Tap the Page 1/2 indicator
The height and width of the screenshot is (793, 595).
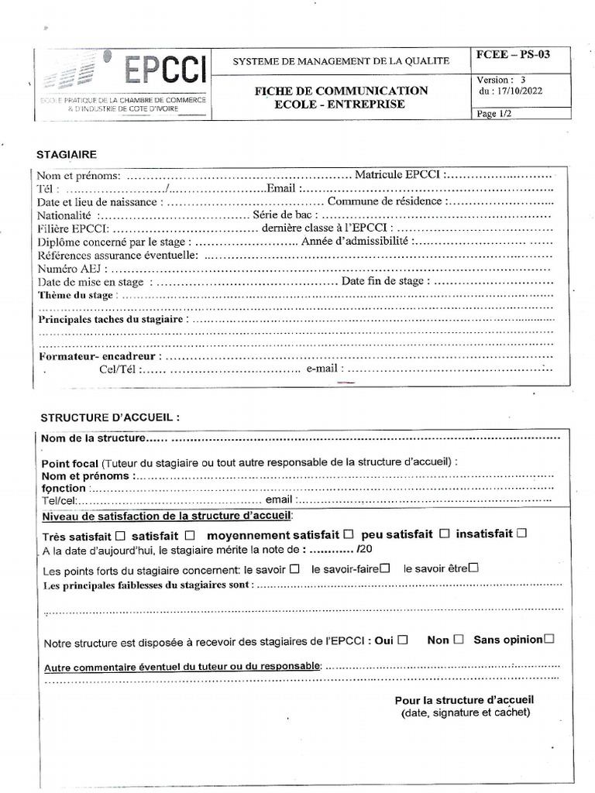click(x=495, y=113)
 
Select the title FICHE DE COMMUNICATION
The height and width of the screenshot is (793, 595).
click(x=341, y=91)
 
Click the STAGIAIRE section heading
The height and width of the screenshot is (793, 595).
click(x=67, y=155)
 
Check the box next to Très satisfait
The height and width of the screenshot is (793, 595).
click(x=119, y=535)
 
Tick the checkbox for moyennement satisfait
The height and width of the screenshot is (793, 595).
click(x=349, y=534)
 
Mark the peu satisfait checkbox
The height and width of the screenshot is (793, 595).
click(x=445, y=534)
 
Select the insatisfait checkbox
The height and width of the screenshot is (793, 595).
click(x=521, y=533)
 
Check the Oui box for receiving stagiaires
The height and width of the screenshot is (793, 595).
click(x=403, y=640)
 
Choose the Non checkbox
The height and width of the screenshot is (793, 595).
click(x=459, y=640)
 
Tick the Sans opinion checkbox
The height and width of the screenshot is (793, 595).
click(x=549, y=639)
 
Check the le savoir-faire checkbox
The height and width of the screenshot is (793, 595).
click(x=384, y=568)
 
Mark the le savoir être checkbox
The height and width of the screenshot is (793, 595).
click(x=473, y=567)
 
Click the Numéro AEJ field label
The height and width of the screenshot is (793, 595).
click(x=69, y=269)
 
